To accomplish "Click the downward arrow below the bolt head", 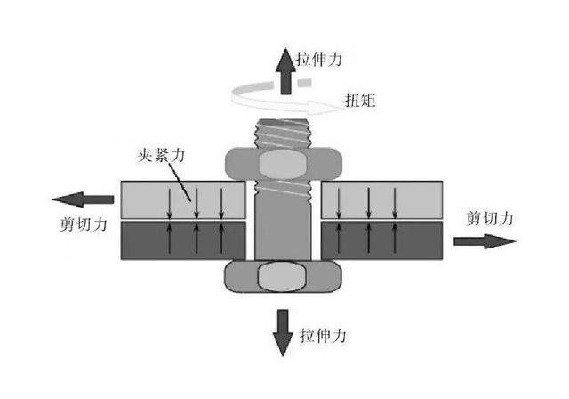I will coord(284,330).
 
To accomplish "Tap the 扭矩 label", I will coord(361,101).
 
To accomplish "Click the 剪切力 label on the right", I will coord(490,216).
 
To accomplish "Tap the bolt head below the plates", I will coord(284,276).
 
